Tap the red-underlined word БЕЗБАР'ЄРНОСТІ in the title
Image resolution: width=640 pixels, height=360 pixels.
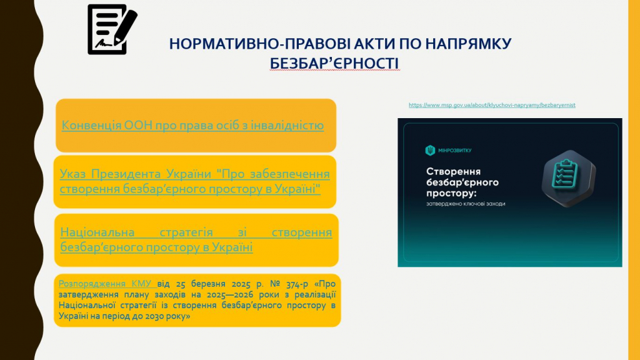click(334, 63)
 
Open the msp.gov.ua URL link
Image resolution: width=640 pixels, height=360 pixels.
click(492, 105)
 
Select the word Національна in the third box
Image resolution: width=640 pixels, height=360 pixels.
click(97, 232)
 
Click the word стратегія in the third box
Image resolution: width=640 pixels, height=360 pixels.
click(186, 232)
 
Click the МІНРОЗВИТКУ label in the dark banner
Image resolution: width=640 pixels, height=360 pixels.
click(455, 151)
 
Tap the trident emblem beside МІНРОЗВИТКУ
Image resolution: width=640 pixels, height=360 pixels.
click(430, 151)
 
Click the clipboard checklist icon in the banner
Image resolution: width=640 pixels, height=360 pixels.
click(568, 178)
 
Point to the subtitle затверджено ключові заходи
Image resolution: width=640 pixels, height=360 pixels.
click(466, 204)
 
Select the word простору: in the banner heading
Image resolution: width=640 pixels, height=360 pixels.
click(451, 193)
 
